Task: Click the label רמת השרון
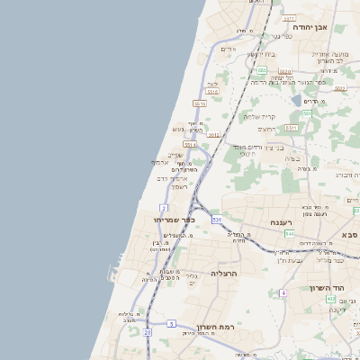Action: pos(215,327)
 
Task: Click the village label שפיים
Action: pos(175,155)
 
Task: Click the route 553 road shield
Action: pos(262,69)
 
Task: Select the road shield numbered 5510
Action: pos(212,91)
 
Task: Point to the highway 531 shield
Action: pos(217,219)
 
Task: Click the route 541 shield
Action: pos(288,234)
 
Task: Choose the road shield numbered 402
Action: pos(330,298)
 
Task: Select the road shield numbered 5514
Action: pos(190,144)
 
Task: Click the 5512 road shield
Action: pos(213,135)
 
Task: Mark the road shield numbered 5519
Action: pos(200,103)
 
